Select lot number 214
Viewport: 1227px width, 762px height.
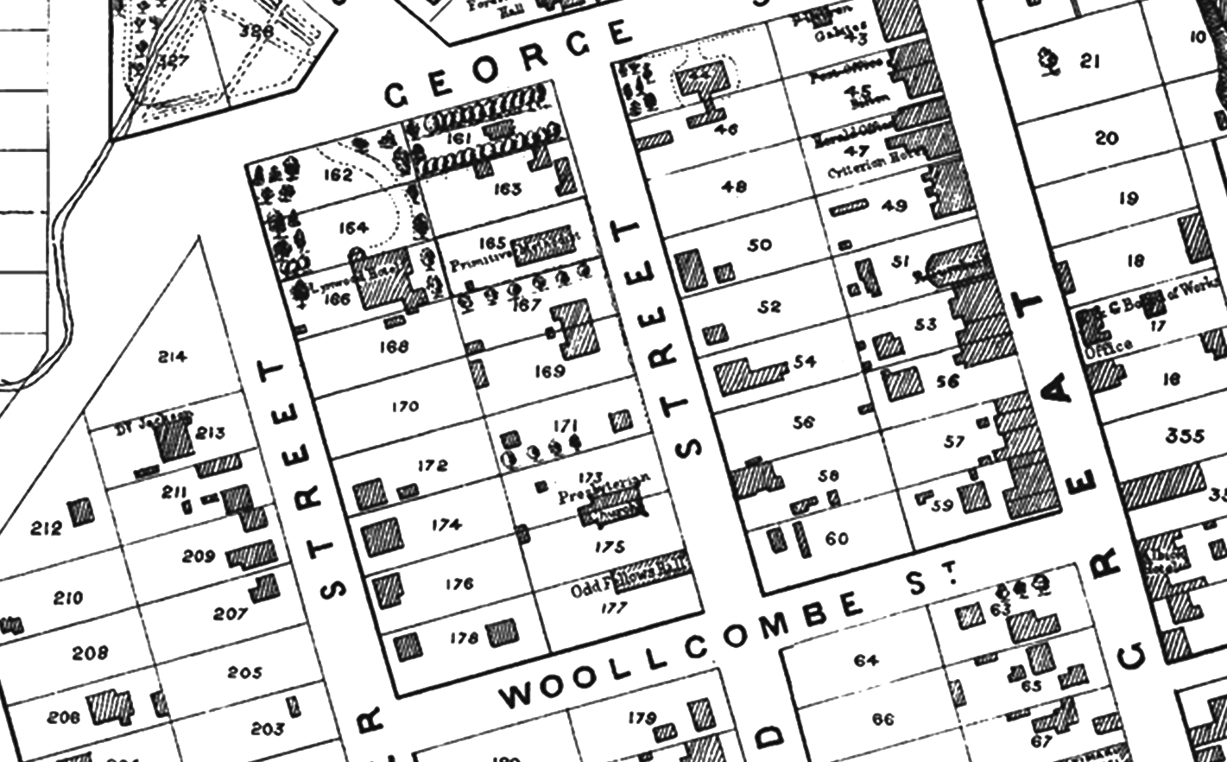coord(174,357)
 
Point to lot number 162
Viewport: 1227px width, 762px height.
coord(338,175)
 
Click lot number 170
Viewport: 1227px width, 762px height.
coord(404,406)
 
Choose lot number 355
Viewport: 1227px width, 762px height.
coord(1184,435)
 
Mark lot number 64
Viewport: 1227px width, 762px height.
coord(865,661)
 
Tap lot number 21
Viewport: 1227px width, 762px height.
coord(1090,62)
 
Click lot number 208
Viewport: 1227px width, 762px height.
coord(90,653)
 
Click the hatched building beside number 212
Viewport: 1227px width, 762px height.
coord(82,511)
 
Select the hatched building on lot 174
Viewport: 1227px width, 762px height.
coord(383,537)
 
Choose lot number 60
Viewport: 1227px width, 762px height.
coord(836,539)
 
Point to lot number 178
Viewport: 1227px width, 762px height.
coord(464,638)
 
